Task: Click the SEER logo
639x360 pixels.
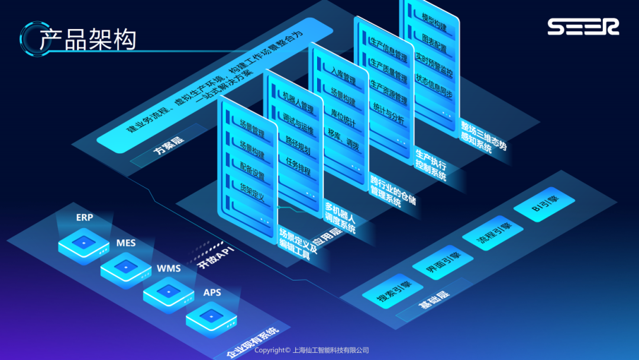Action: point(583,27)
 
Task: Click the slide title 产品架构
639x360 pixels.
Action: point(88,39)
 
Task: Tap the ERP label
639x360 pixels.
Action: point(85,217)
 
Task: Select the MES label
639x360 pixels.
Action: point(126,243)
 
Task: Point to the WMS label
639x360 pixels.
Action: point(169,268)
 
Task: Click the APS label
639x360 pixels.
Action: point(212,292)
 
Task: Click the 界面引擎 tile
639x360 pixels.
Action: point(442,263)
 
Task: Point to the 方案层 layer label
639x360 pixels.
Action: point(168,149)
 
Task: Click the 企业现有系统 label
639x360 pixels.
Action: point(253,343)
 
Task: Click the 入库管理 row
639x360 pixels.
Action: point(343,79)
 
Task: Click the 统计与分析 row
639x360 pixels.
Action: point(389,113)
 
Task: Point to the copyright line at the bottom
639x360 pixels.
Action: point(311,351)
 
